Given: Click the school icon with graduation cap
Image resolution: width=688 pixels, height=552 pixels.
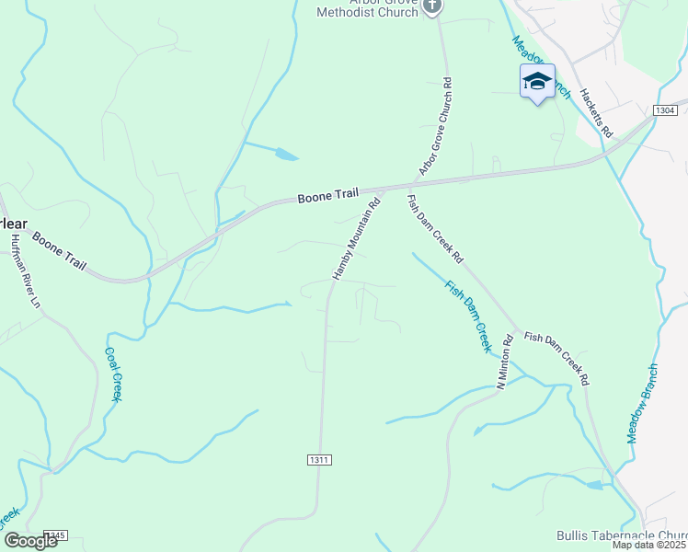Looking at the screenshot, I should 537,81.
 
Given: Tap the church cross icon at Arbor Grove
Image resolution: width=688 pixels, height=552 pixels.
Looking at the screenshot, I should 433,6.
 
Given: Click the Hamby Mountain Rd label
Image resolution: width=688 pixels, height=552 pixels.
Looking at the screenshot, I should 356,241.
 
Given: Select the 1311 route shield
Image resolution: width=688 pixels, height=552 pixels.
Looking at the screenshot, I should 316,458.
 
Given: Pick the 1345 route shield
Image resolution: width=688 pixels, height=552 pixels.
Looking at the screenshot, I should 54,535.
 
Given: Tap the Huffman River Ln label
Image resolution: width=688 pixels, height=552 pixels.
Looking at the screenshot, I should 25,272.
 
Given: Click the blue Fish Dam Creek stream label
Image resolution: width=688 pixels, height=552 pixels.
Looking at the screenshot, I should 469,316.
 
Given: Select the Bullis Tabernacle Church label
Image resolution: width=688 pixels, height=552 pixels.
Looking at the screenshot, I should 622,535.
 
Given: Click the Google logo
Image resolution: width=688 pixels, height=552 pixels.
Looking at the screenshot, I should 29,541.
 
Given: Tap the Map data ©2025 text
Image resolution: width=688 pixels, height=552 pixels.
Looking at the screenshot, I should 649,545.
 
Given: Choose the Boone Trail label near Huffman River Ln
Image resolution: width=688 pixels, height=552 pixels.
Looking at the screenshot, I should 59,251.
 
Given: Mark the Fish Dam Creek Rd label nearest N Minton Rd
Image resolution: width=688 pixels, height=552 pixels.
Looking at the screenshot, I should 556,358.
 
